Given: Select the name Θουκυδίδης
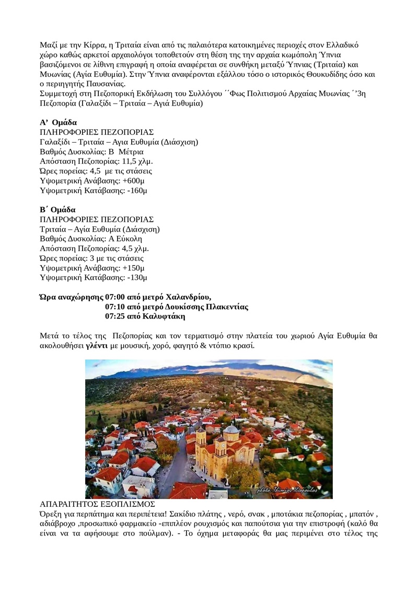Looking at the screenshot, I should [318, 75].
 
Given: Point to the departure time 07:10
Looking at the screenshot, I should [115, 306].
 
